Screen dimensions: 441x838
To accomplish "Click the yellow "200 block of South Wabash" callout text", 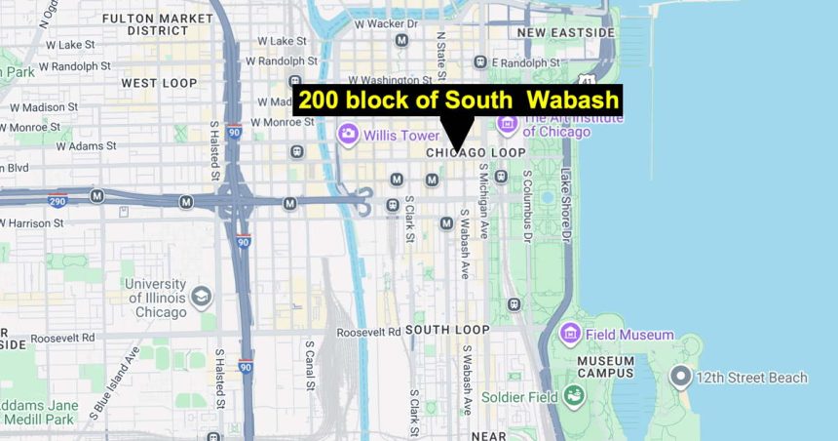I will pyautogui.click(x=458, y=100).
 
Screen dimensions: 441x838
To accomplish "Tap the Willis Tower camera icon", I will pyautogui.click(x=348, y=136).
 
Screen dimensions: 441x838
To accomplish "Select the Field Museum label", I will pyautogui.click(x=629, y=335).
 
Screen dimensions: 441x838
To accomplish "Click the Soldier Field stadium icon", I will pyautogui.click(x=574, y=396).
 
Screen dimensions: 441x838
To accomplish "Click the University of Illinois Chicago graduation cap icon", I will pyautogui.click(x=201, y=296).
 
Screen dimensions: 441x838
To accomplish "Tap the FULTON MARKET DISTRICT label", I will pyautogui.click(x=171, y=23).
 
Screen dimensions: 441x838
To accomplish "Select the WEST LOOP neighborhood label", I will pyautogui.click(x=159, y=83).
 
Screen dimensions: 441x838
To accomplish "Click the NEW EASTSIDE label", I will pyautogui.click(x=566, y=32).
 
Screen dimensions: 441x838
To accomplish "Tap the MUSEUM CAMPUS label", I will pyautogui.click(x=606, y=367).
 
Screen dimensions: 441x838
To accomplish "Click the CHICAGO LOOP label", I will pyautogui.click(x=476, y=153).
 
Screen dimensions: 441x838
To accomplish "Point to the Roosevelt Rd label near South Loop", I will pyautogui.click(x=368, y=332).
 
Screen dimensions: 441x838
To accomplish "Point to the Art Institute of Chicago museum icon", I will pyautogui.click(x=507, y=124).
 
